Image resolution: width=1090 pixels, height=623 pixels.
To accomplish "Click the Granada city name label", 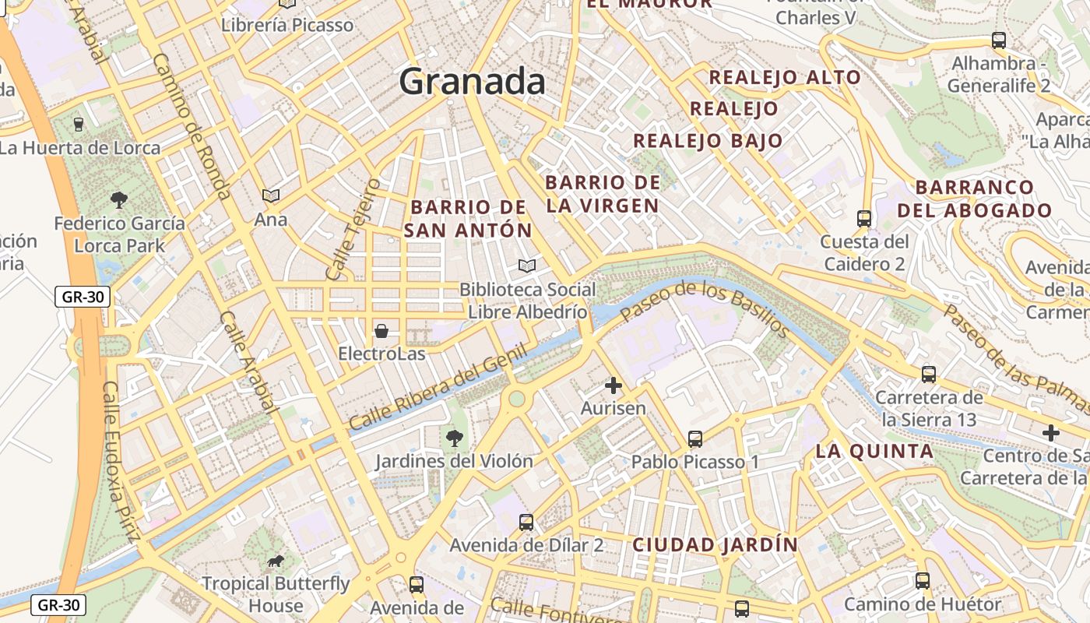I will (472, 82).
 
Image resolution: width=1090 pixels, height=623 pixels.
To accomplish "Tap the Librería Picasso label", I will (287, 25).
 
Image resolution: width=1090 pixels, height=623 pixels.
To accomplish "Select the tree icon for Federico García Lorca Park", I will (119, 200).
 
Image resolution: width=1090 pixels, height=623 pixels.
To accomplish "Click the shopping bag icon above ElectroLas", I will (381, 332).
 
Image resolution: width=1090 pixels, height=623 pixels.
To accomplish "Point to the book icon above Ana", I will (270, 196).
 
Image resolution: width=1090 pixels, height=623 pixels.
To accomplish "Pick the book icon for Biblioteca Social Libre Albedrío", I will (527, 266).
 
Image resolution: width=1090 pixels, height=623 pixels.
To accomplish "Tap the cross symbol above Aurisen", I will (614, 385).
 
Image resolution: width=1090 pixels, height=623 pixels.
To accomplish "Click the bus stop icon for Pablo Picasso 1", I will (695, 439).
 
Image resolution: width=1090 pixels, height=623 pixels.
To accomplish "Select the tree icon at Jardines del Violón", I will (455, 438).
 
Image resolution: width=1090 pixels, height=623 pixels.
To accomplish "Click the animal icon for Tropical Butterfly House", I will (275, 561).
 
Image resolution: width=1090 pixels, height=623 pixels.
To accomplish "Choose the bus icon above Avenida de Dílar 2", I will (526, 523).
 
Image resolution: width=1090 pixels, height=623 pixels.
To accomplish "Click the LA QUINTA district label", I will (874, 451).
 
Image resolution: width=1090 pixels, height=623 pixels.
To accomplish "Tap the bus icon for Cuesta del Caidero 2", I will (863, 219).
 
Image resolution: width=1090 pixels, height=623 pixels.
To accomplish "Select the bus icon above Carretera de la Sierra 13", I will (929, 375).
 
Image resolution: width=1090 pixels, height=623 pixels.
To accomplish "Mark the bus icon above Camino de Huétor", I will (923, 580).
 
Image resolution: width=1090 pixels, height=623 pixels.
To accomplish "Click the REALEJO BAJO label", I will (708, 141).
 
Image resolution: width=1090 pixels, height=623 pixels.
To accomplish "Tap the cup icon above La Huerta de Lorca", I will (78, 124).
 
